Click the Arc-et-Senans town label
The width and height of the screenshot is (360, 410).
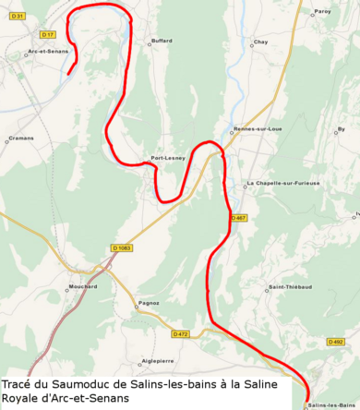48,51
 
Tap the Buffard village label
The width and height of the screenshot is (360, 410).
161,42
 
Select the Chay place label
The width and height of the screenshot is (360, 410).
260,42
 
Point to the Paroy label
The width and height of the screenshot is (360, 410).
322,11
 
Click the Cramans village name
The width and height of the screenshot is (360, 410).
20,139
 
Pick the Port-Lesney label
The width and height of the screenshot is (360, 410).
168,158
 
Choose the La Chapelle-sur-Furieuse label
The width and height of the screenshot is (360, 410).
282,184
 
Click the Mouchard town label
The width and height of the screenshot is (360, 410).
83,287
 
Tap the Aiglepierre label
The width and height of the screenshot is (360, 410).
157,360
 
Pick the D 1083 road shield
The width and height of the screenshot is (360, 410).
121,247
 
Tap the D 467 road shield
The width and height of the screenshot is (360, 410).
239,218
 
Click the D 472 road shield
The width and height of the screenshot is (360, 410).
180,333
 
